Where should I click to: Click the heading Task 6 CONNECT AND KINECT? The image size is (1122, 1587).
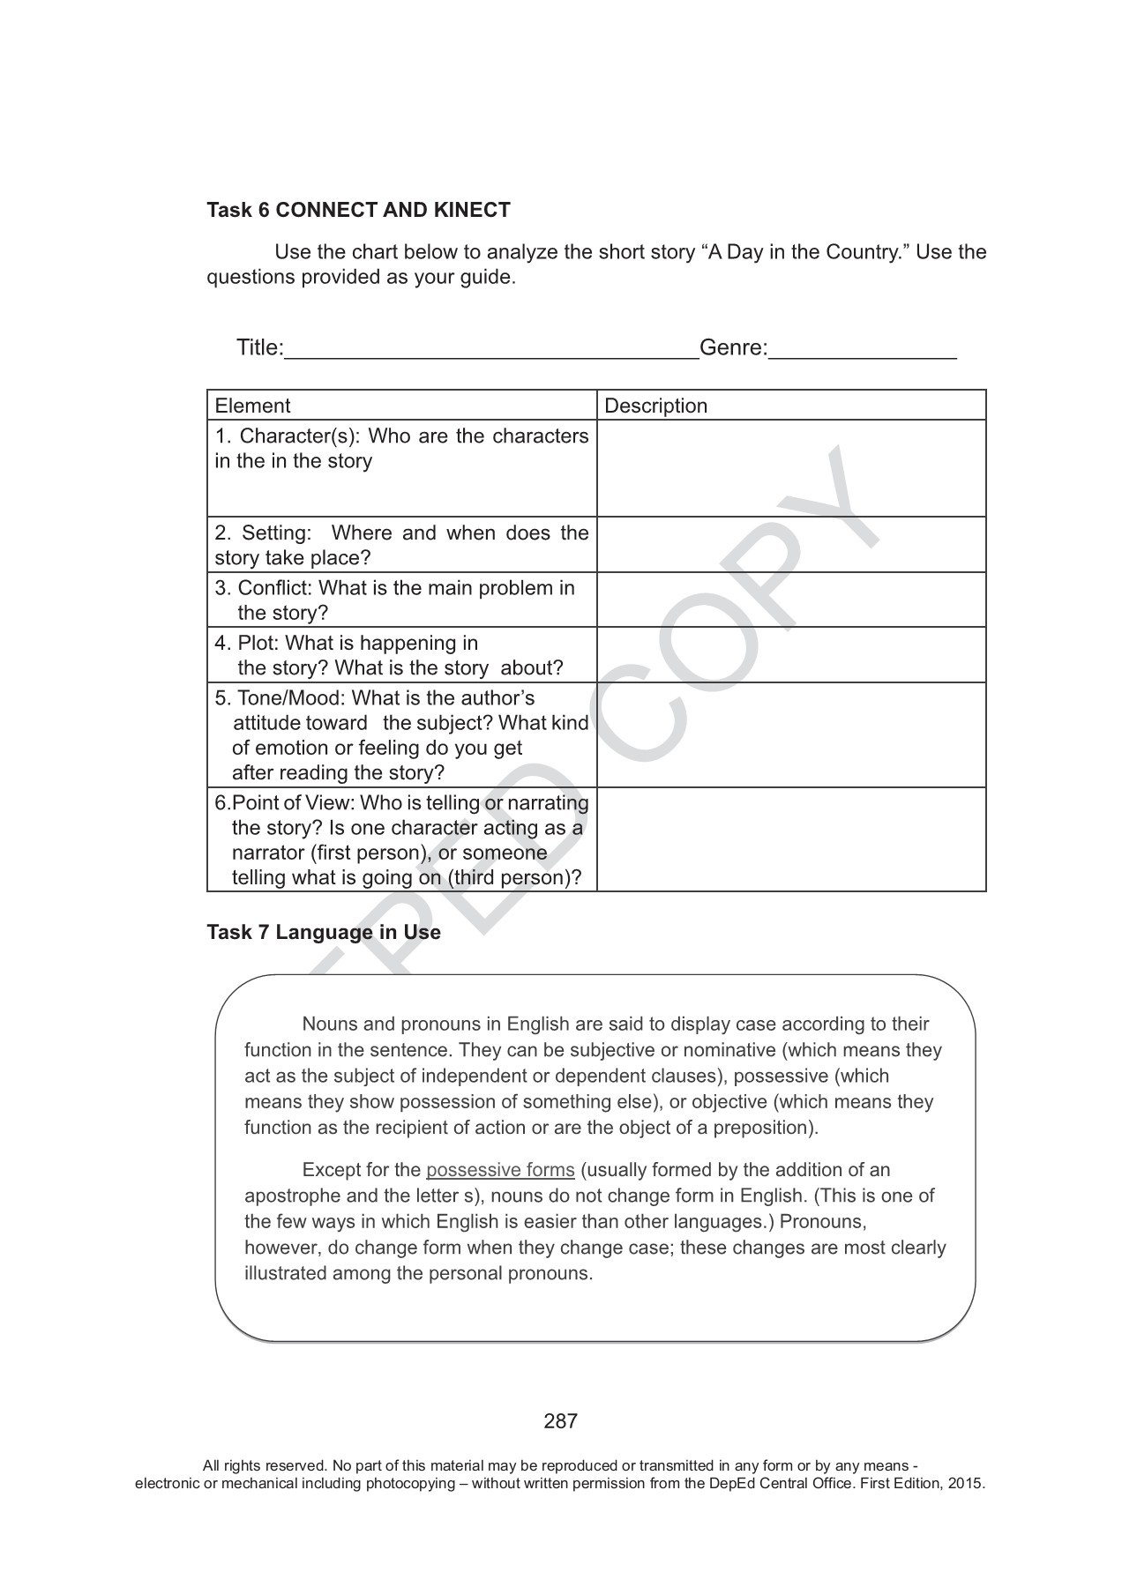click(x=358, y=210)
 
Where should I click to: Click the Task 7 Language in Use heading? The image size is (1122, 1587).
click(x=323, y=932)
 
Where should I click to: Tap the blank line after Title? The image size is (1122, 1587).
click(x=491, y=349)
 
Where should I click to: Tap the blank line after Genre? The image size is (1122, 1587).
click(x=862, y=349)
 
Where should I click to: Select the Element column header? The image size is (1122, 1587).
click(x=252, y=406)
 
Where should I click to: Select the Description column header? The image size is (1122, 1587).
click(x=655, y=406)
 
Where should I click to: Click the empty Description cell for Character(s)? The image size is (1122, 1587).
click(x=791, y=468)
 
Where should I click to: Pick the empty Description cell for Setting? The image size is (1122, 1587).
click(x=791, y=545)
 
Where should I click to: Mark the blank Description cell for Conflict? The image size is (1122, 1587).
click(x=791, y=600)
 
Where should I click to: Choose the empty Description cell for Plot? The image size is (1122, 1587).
click(x=791, y=655)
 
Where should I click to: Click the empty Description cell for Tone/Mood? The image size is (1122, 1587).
click(x=791, y=735)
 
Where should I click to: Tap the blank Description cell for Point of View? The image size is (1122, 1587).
click(x=791, y=839)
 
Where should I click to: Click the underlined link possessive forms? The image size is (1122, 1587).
click(x=500, y=1170)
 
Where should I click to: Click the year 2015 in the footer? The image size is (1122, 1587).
click(x=966, y=1483)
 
